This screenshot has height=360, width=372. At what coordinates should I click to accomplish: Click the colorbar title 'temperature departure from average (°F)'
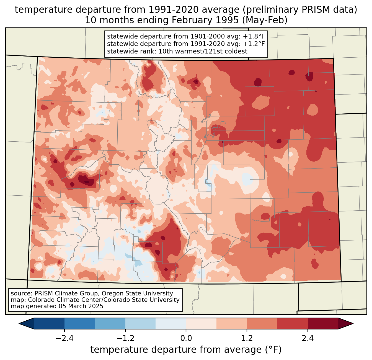point(186,350)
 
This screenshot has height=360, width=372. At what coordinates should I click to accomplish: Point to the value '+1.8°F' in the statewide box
point(254,37)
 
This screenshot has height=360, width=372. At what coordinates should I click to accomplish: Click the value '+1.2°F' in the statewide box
point(254,44)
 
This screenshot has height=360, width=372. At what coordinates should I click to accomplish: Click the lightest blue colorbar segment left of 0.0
point(171,323)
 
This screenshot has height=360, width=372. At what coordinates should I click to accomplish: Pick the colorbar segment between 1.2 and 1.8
point(262,323)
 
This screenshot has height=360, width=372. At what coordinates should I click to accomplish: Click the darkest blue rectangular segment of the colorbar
point(49,323)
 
